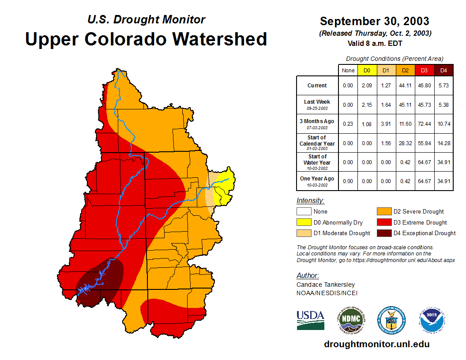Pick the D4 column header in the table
point(444,71)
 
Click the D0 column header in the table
point(367,71)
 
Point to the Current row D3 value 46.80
point(425,86)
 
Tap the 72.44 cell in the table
point(425,124)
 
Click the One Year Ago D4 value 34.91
point(444,181)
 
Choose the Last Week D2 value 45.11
point(406,105)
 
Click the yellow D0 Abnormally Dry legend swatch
point(304,222)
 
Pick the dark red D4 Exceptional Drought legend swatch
point(383,233)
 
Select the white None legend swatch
point(304,212)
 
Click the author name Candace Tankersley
point(326,285)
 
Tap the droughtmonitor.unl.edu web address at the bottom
point(376,344)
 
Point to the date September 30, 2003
point(374,21)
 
